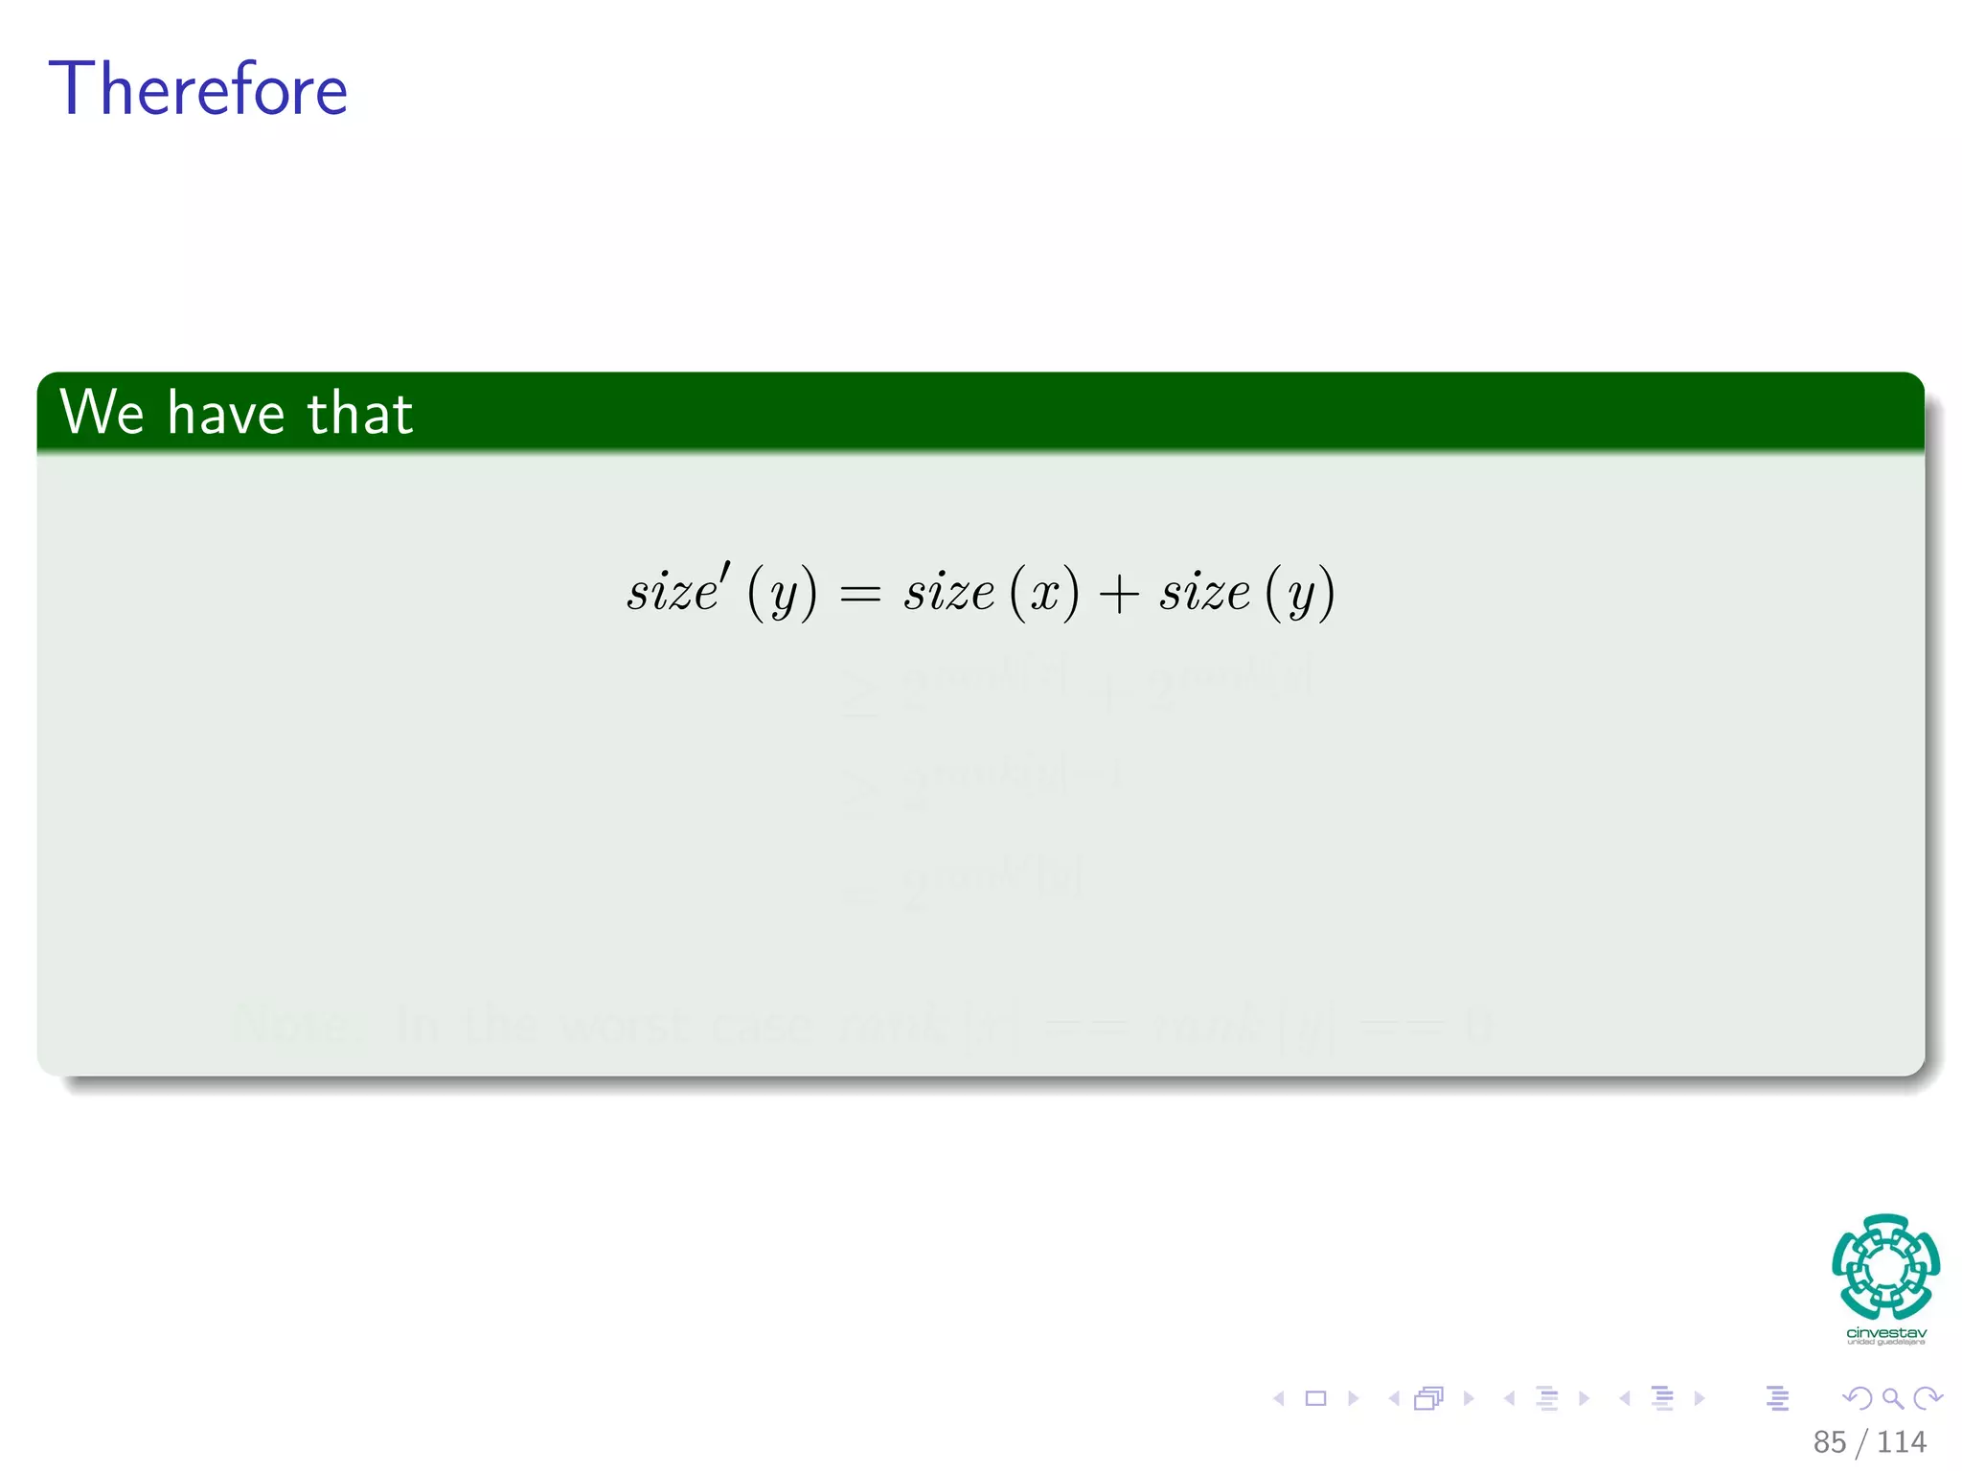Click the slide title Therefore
pos(197,89)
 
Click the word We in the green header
pos(102,413)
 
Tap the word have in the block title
pos(226,413)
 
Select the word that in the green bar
pos(359,413)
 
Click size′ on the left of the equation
pos(677,590)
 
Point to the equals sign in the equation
pos(859,595)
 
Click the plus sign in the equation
pos(1118,594)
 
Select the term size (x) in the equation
pos(991,592)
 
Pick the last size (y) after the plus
pos(1246,592)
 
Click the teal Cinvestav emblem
pos(1885,1267)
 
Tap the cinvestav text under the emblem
pos(1885,1332)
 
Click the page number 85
pos(1829,1441)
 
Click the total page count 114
pos(1902,1441)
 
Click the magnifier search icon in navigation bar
pos(1892,1398)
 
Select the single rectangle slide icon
pos(1315,1398)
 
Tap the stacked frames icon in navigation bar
pos(1428,1398)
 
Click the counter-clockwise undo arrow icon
pos(1857,1398)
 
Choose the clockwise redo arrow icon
pos(1928,1398)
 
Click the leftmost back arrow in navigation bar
pos(1278,1398)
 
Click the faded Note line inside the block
pos(862,1025)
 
